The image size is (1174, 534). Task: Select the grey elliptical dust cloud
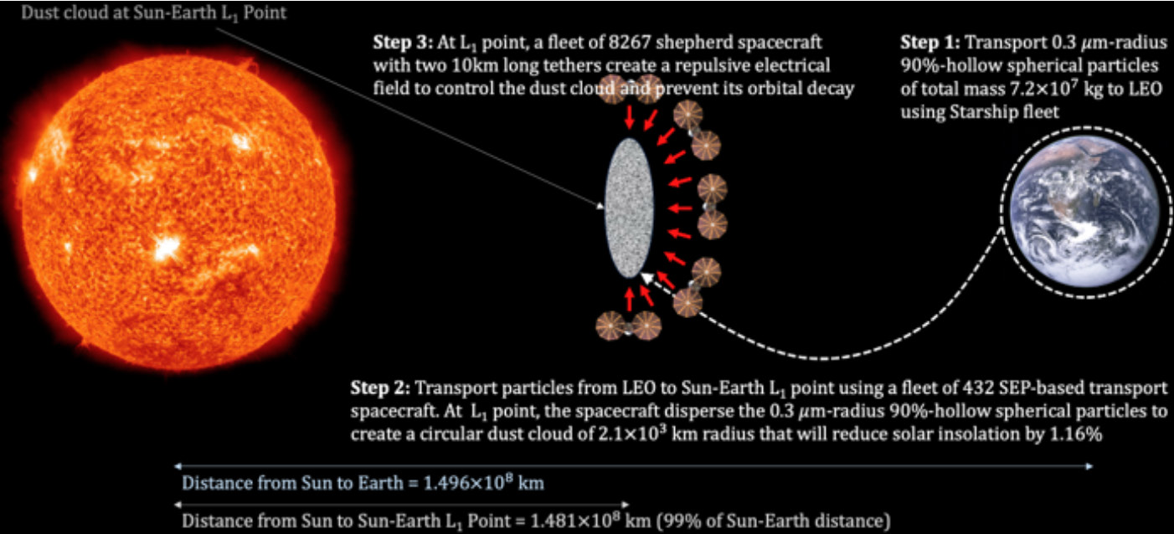pyautogui.click(x=629, y=208)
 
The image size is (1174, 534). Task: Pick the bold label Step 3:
pyautogui.click(x=404, y=42)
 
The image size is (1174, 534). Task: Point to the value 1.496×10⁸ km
pyautogui.click(x=481, y=485)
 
